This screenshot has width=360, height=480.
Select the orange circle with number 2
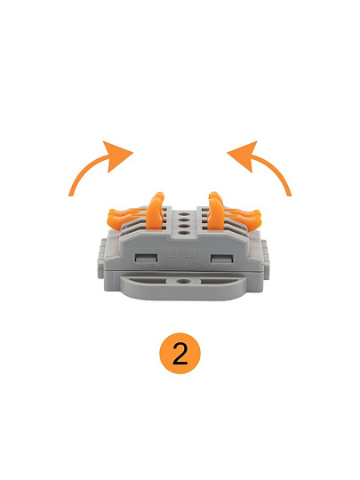pyautogui.click(x=180, y=353)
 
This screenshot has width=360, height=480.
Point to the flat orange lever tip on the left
pyautogui.click(x=118, y=216)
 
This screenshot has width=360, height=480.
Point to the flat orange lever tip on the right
pyautogui.click(x=251, y=216)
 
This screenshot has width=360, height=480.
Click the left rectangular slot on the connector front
pyautogui.click(x=147, y=259)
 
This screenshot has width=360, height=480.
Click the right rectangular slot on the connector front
pyautogui.click(x=222, y=259)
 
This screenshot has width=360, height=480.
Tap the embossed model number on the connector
pyautogui.click(x=185, y=255)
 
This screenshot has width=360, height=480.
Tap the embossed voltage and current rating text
pyautogui.click(x=183, y=265)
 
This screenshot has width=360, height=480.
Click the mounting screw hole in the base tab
pyautogui.click(x=184, y=281)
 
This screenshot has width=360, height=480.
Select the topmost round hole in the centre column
pyautogui.click(x=184, y=215)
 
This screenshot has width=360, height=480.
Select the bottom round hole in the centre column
pyautogui.click(x=184, y=233)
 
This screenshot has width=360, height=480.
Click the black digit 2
pyautogui.click(x=180, y=353)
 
